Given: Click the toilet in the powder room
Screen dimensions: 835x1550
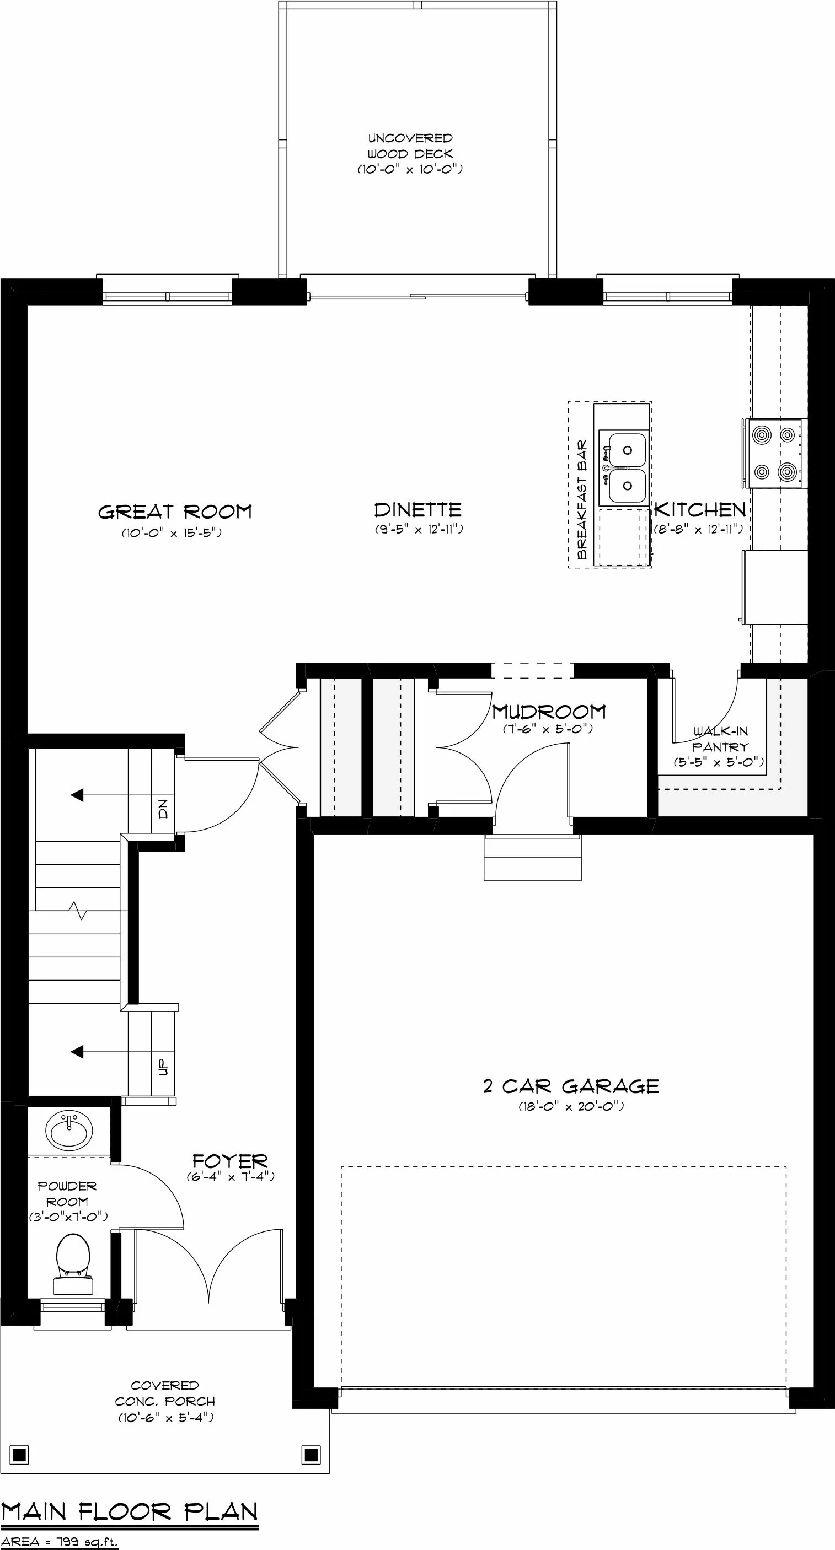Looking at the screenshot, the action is pyautogui.click(x=73, y=1263).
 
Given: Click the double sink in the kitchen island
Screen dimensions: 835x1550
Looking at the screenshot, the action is pyautogui.click(x=624, y=468).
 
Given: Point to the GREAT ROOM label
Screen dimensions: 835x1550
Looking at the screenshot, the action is pyautogui.click(x=175, y=512).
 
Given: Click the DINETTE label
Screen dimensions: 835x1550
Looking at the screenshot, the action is pyautogui.click(x=418, y=510).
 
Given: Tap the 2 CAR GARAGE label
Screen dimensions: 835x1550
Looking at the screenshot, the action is pyautogui.click(x=571, y=1086).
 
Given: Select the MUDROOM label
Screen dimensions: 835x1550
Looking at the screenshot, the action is pyautogui.click(x=548, y=712).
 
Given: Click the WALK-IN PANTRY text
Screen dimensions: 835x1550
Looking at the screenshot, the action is pyautogui.click(x=720, y=739).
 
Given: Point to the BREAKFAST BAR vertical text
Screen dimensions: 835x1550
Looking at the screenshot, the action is pyautogui.click(x=581, y=500).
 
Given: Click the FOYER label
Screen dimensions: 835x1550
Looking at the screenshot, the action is pyautogui.click(x=230, y=1161).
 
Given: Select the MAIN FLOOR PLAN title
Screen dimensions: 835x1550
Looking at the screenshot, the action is pyautogui.click(x=130, y=1511).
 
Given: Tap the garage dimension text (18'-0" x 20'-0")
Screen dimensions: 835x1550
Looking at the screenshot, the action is pyautogui.click(x=571, y=1106).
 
